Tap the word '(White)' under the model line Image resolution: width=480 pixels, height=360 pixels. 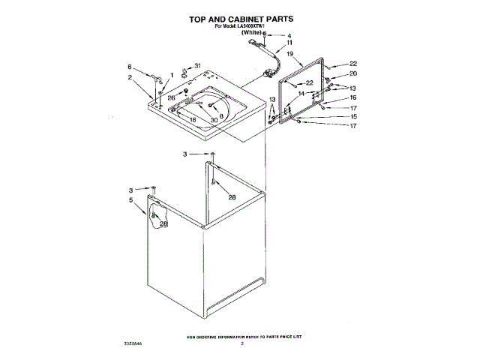click(x=251, y=34)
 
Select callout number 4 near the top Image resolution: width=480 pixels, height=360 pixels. click(x=289, y=36)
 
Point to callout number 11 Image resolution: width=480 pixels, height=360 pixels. click(x=289, y=43)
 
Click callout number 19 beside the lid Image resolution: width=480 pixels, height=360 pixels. click(x=289, y=55)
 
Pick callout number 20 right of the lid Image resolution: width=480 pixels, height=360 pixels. click(x=354, y=74)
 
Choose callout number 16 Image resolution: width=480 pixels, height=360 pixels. click(x=352, y=97)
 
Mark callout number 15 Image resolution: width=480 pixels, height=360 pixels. click(x=352, y=116)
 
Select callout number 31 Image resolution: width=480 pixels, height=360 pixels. click(x=198, y=67)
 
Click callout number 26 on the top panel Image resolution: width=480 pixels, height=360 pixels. click(x=172, y=97)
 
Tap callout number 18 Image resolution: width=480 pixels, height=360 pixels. click(x=192, y=120)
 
